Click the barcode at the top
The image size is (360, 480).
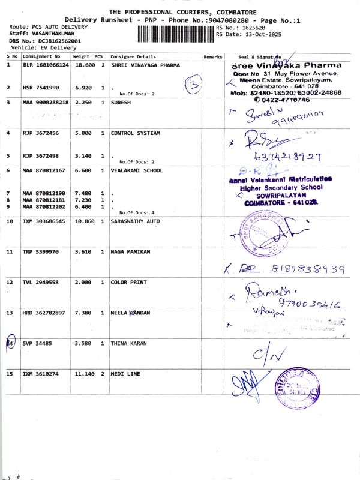click(175, 34)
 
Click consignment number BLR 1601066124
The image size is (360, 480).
click(46, 65)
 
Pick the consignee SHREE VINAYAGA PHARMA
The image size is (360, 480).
click(145, 65)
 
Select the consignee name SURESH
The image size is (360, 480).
click(121, 103)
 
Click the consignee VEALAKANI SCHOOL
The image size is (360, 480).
click(136, 170)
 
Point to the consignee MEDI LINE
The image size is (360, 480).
click(125, 374)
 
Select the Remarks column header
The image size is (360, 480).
click(213, 56)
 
